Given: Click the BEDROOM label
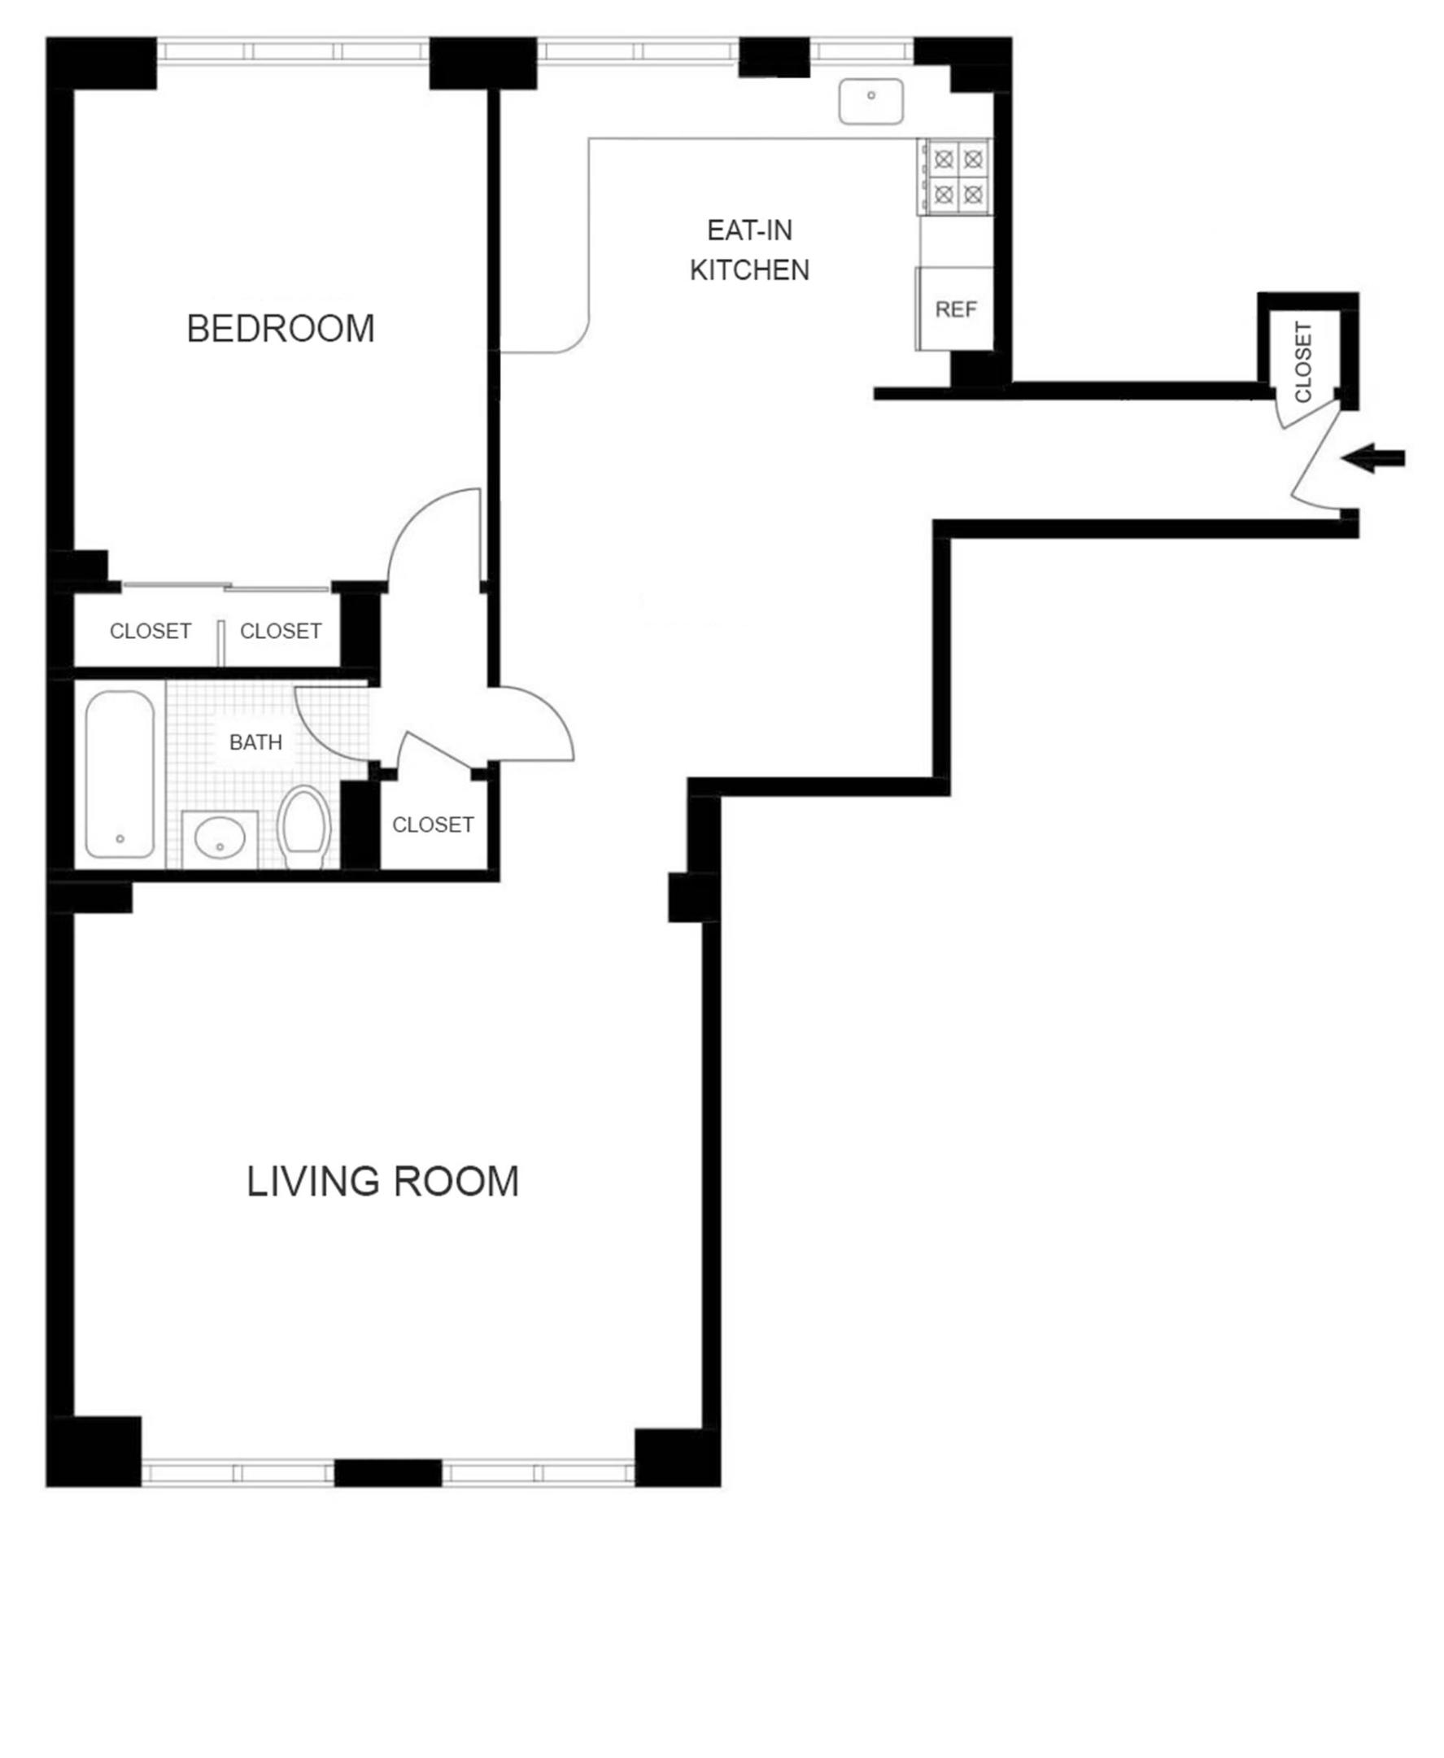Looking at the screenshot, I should [x=281, y=329].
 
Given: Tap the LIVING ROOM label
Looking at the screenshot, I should [x=382, y=1183].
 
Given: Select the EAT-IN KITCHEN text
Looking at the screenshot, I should [x=749, y=250].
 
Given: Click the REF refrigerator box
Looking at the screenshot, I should [x=956, y=309].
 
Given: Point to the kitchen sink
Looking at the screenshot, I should [x=871, y=102].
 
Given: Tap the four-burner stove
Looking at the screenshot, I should [x=958, y=177].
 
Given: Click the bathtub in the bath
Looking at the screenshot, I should [x=120, y=774].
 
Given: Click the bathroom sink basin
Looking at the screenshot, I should [x=220, y=837].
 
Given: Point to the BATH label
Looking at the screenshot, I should [x=255, y=742].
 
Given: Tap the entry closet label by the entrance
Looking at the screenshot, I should [x=1303, y=361].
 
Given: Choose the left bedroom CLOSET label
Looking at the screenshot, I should [x=151, y=631].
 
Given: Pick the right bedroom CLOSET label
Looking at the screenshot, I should [x=281, y=631].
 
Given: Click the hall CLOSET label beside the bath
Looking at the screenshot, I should [x=433, y=824].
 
